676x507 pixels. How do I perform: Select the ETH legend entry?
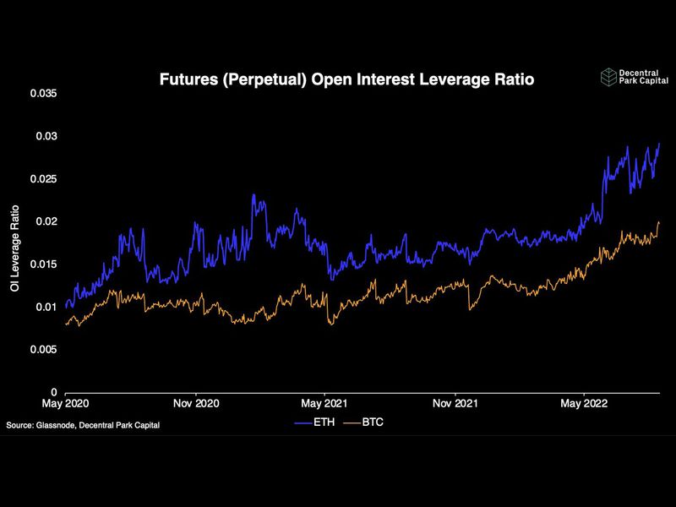pyautogui.click(x=315, y=420)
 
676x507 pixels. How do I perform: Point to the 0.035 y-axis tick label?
pyautogui.click(x=44, y=93)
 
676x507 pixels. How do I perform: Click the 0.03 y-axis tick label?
pyautogui.click(x=46, y=136)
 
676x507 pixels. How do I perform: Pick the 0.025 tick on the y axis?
pyautogui.click(x=44, y=179)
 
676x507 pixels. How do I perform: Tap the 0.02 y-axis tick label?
pyautogui.click(x=46, y=221)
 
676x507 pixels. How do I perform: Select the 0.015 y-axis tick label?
pyautogui.click(x=44, y=264)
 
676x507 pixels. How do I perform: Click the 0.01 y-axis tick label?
pyautogui.click(x=46, y=307)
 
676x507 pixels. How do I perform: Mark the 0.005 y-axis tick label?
pyautogui.click(x=44, y=350)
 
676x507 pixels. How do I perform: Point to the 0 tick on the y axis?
pyautogui.click(x=54, y=393)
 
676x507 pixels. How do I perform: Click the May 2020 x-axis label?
pyautogui.click(x=66, y=404)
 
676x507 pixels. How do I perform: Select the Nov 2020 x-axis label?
pyautogui.click(x=196, y=404)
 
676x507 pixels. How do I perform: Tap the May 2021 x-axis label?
pyautogui.click(x=325, y=404)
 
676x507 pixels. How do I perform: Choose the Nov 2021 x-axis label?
pyautogui.click(x=455, y=404)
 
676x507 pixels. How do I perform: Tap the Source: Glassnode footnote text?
pyautogui.click(x=83, y=425)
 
